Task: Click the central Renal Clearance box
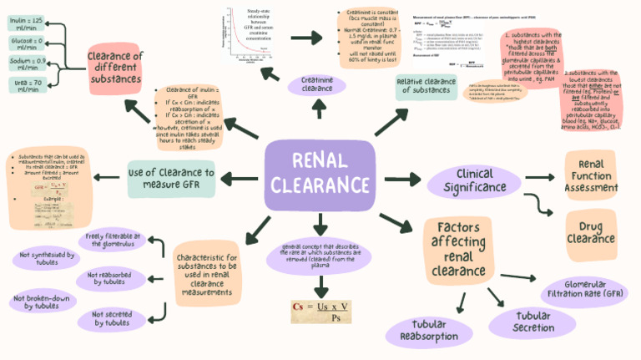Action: point(320,175)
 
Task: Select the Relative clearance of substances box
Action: point(426,85)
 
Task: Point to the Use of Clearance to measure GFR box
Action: point(170,178)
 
